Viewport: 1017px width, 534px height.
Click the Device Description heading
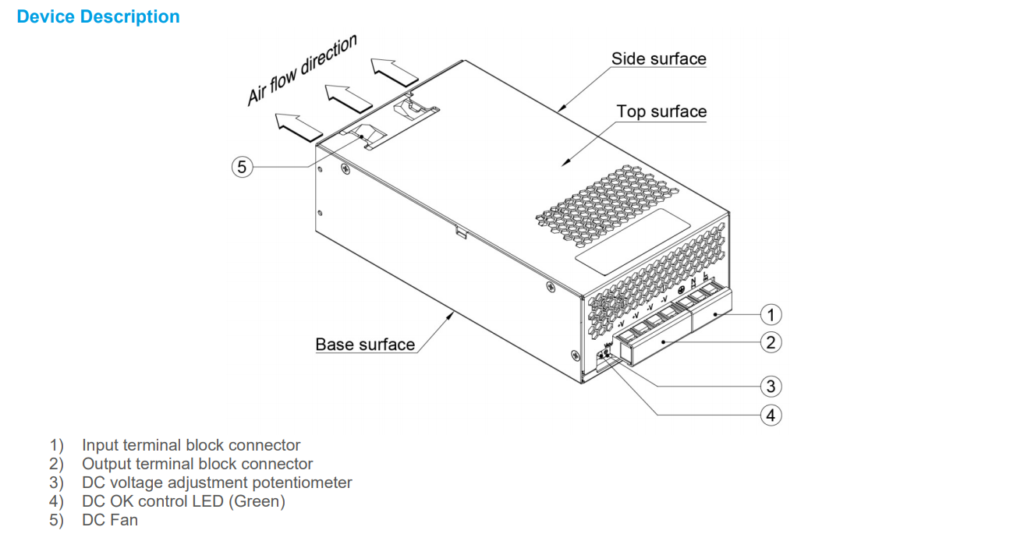click(98, 17)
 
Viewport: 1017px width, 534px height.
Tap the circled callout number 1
click(771, 314)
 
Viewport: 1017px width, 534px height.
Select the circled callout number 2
click(771, 341)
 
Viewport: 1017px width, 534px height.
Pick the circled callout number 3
click(771, 386)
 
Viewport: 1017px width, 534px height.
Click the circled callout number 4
click(771, 415)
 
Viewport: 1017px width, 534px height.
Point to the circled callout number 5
click(243, 166)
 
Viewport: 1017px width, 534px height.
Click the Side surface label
click(658, 58)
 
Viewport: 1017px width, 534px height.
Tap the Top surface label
click(661, 111)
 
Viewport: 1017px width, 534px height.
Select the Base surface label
click(365, 344)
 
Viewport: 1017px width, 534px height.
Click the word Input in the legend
click(100, 445)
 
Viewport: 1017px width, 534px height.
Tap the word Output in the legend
click(105, 464)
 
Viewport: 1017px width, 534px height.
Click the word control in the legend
click(161, 501)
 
